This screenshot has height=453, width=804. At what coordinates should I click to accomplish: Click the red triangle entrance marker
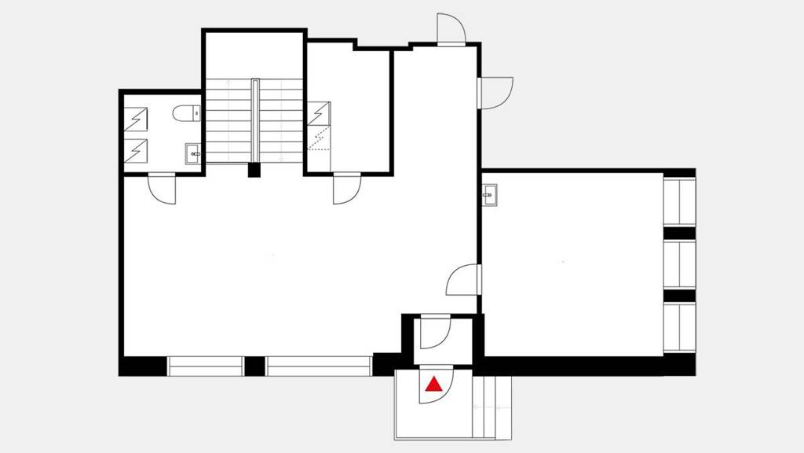click(434, 385)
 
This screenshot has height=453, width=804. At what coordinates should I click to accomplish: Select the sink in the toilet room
click(193, 153)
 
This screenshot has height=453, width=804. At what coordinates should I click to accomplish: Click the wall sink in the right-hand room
click(490, 194)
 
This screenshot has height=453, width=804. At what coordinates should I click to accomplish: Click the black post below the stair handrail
click(254, 169)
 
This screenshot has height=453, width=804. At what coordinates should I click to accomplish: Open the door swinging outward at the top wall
click(451, 30)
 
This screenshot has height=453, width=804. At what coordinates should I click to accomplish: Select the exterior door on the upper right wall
click(495, 93)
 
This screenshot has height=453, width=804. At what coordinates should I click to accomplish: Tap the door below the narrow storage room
click(345, 189)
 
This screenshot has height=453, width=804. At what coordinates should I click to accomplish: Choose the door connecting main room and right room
click(464, 279)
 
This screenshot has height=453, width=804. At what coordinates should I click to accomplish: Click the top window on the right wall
click(680, 202)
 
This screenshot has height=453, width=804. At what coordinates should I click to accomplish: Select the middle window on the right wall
click(680, 265)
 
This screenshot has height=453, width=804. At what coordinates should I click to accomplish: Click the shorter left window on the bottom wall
click(205, 366)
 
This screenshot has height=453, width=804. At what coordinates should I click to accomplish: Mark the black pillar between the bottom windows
click(254, 366)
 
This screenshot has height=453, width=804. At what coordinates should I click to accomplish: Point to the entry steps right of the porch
click(492, 407)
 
